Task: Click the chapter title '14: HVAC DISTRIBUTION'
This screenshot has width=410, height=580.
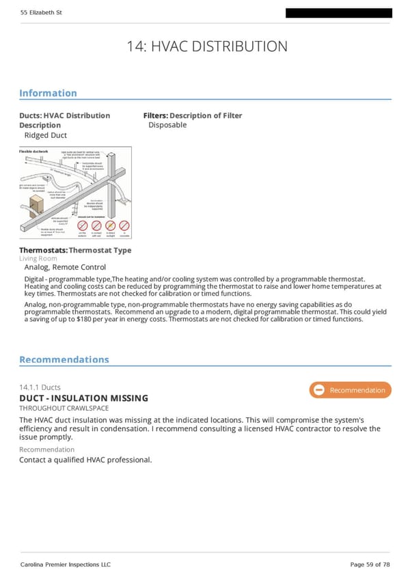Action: click(207, 46)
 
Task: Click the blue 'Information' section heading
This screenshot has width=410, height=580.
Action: click(48, 93)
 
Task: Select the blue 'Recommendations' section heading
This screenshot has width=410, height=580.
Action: click(64, 359)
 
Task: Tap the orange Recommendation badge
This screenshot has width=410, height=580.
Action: click(350, 390)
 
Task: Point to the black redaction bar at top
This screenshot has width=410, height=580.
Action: click(338, 13)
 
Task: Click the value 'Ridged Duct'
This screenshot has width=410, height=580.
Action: click(45, 135)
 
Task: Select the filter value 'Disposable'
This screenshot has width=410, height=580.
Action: click(167, 125)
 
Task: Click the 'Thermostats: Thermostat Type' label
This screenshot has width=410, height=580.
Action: click(75, 250)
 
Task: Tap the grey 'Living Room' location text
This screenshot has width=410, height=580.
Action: click(38, 259)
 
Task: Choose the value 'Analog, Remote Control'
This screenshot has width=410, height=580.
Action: click(65, 267)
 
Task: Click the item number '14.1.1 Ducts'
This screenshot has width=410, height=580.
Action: click(40, 388)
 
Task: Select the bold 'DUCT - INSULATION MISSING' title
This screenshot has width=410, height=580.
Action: click(83, 398)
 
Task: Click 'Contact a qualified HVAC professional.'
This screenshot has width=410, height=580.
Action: click(85, 460)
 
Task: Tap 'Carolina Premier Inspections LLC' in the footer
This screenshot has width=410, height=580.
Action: click(65, 564)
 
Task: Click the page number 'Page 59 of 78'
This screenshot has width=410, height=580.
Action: click(370, 564)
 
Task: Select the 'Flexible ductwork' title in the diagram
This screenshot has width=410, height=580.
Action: click(33, 150)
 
